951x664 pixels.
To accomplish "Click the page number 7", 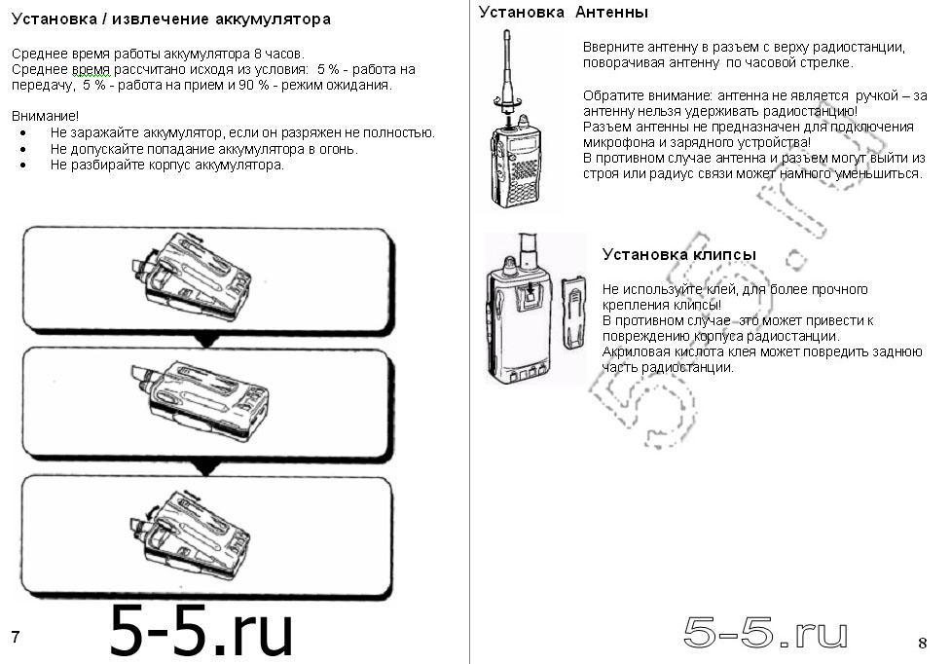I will tap(16, 637).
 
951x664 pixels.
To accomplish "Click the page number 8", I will tap(922, 642).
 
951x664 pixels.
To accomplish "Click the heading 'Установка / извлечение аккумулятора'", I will tap(170, 18).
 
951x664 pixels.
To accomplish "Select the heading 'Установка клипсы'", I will tap(678, 254).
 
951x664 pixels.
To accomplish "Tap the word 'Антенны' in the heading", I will tap(611, 12).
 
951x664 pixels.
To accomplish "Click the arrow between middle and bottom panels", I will tap(204, 469).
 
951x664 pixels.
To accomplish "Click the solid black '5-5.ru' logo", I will tap(201, 630).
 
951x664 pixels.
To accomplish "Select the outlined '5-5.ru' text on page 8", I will tap(765, 634).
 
